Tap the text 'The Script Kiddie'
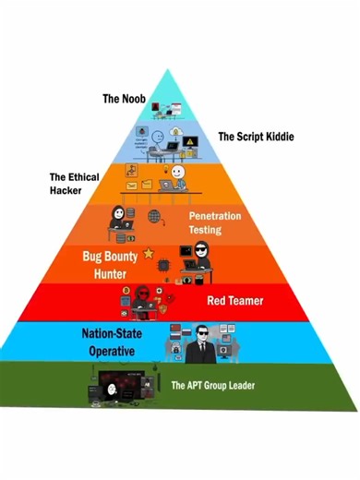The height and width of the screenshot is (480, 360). coord(255,137)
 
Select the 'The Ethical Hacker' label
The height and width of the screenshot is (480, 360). coord(74,183)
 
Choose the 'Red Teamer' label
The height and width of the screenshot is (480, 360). coord(234,300)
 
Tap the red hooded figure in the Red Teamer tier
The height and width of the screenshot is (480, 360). coord(143,297)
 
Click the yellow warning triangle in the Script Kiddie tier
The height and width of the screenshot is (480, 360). coord(189,141)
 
